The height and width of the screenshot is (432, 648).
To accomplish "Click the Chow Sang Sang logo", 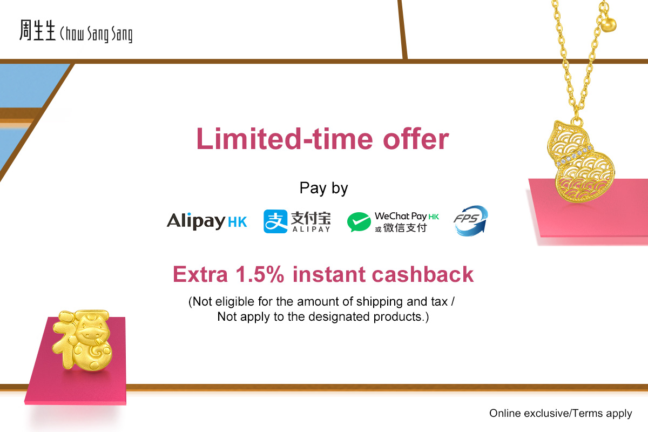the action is click(x=76, y=31).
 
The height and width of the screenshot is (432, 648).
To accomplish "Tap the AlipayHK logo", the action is click(x=207, y=221).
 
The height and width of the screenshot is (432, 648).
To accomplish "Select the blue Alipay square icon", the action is click(x=275, y=221).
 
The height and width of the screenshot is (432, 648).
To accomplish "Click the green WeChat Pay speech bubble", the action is click(x=359, y=222).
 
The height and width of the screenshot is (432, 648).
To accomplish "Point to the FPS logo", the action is click(x=471, y=220).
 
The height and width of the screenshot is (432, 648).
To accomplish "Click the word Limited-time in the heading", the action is click(x=285, y=139).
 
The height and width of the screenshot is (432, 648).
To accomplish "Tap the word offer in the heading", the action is click(x=416, y=139).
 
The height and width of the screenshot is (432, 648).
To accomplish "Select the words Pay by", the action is click(x=323, y=188).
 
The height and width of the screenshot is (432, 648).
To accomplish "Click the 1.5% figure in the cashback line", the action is click(x=260, y=274).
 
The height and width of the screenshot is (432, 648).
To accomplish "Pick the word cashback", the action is click(x=423, y=274).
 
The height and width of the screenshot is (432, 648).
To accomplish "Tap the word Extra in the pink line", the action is click(x=200, y=274).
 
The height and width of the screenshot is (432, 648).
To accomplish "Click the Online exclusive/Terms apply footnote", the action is click(x=561, y=413).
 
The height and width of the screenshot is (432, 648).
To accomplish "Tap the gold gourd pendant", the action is click(x=581, y=160).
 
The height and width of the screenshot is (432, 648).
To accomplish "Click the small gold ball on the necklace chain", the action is click(x=609, y=25).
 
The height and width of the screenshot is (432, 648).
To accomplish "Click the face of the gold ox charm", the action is click(x=92, y=333).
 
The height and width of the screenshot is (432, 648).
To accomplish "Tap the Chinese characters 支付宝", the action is click(x=310, y=218).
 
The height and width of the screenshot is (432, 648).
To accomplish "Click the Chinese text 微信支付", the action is click(x=405, y=228).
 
